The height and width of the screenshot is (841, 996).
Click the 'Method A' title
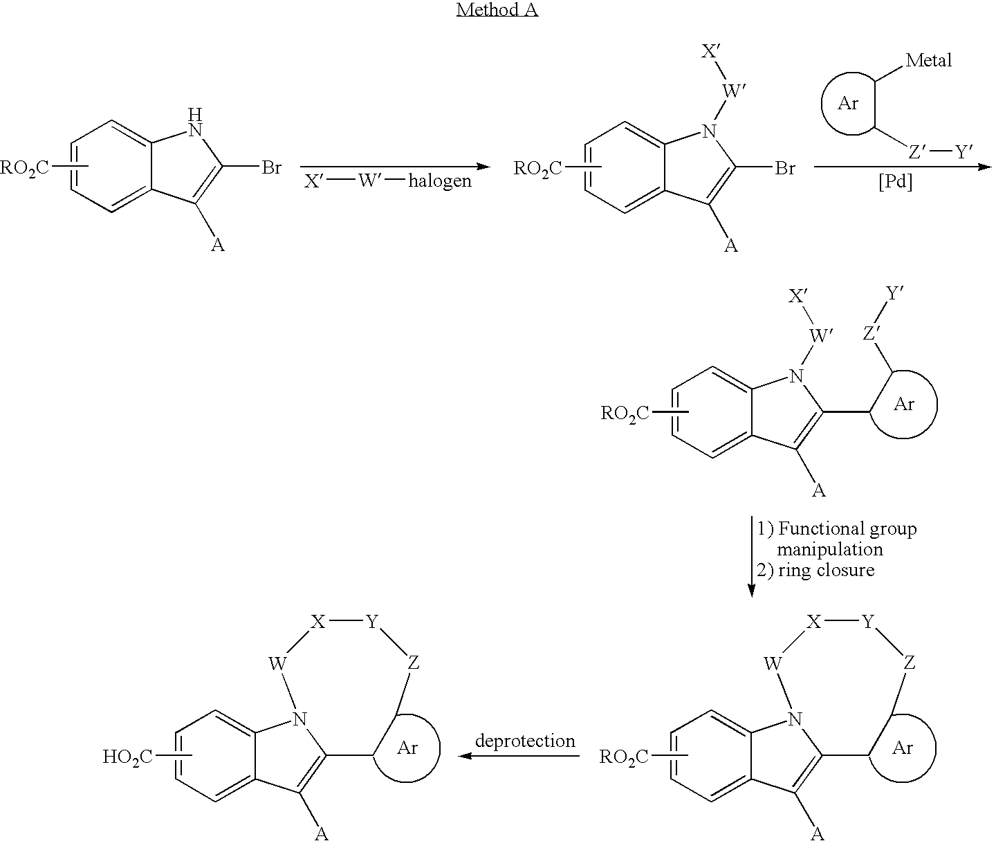497,9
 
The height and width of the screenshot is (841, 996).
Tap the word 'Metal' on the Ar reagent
928,60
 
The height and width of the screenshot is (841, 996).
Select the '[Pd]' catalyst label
895,182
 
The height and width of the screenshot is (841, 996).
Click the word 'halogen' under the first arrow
440,182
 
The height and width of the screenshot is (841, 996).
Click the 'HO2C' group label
127,757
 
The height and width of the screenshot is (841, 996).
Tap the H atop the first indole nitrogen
194,115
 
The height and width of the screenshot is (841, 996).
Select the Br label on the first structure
271,167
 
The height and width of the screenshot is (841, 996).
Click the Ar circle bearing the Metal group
849,104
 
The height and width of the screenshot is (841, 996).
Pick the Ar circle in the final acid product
406,748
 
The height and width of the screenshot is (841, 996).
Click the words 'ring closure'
826,570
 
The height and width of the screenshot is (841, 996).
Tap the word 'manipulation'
830,550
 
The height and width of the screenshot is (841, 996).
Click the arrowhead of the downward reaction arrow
752,591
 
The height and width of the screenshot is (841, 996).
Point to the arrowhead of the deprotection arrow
465,756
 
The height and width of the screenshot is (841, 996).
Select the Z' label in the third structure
871,333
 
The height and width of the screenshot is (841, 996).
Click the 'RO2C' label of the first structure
24,168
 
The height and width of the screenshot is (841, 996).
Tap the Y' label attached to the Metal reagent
964,151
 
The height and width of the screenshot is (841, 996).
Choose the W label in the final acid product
277,663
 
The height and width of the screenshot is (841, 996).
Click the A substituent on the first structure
217,246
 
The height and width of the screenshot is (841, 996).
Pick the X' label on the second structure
710,51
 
